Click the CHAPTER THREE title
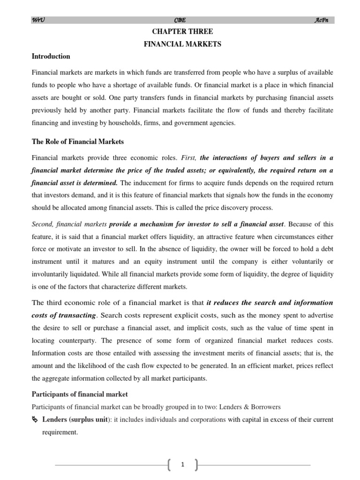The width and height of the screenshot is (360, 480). (x=182, y=32)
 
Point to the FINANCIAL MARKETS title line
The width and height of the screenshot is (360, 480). (x=182, y=44)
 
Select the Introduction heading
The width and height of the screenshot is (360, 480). (x=51, y=57)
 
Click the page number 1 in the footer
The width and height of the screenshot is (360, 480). (x=182, y=465)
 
